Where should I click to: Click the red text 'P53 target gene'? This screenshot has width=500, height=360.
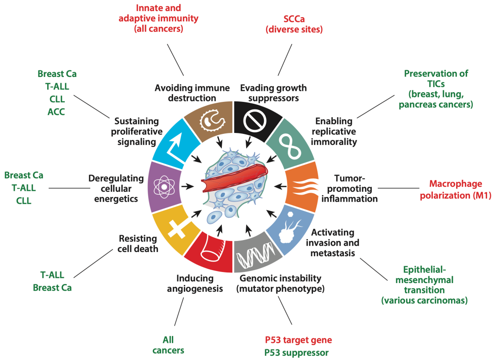298,340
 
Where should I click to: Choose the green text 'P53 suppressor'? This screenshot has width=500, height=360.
296,353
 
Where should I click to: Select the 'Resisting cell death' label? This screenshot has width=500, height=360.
138,244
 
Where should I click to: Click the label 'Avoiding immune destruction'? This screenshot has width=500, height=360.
185,93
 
